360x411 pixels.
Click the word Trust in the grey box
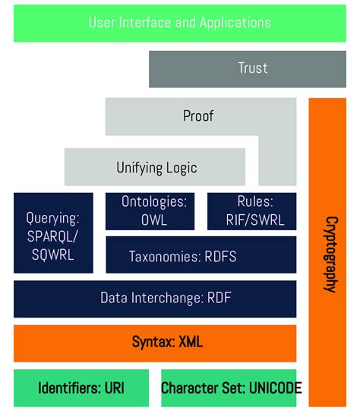click(253, 68)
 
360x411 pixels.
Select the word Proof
click(198, 116)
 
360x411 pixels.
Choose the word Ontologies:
click(153, 202)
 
